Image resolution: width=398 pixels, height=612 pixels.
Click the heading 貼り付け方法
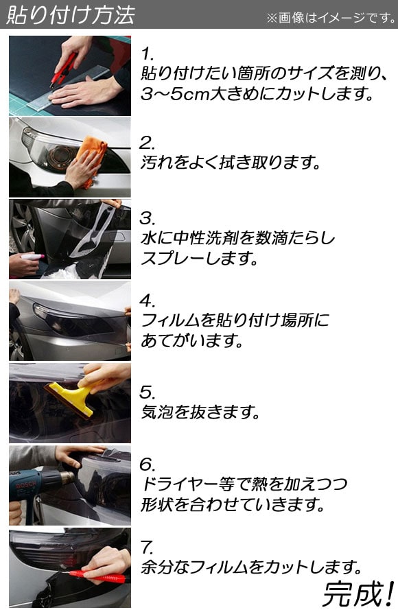pyautogui.click(x=70, y=15)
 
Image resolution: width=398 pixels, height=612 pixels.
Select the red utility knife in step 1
pyautogui.click(x=63, y=69)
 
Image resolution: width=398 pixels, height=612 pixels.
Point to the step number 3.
pyautogui.click(x=148, y=218)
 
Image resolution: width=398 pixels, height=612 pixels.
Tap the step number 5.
pyautogui.click(x=148, y=392)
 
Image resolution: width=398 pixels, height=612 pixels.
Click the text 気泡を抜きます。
pyautogui.click(x=200, y=412)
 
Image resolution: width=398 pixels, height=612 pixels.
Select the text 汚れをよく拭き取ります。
pyautogui.click(x=230, y=163)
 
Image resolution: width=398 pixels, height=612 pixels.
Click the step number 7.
pyautogui.click(x=148, y=548)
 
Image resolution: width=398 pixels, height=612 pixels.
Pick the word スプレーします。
pyautogui.click(x=199, y=259)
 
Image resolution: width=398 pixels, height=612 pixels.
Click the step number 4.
pyautogui.click(x=148, y=301)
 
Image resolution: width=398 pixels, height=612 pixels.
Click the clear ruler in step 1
pyautogui.click(x=74, y=88)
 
